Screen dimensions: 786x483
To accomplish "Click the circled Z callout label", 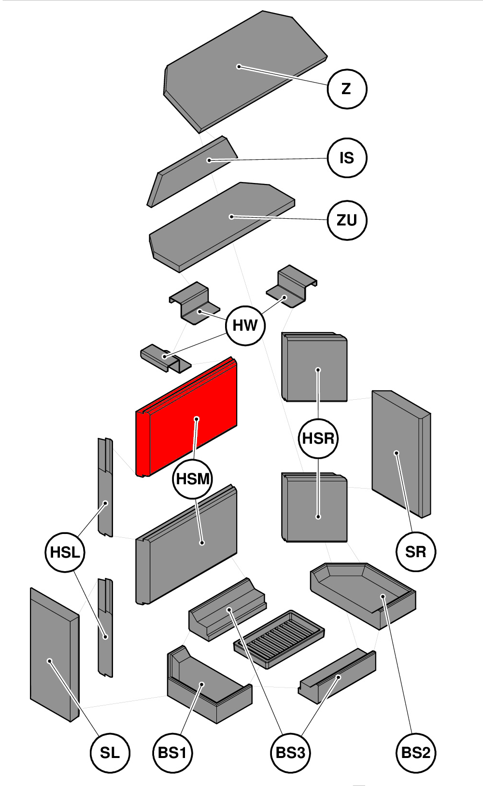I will point(347,89).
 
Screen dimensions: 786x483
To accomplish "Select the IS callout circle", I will point(347,158).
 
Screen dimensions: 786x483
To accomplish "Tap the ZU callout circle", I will point(347,220).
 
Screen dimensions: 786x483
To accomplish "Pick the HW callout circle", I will point(245,325).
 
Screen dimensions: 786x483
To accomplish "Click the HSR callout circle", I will point(318,438).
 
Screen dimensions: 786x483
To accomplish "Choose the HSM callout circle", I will point(193,479).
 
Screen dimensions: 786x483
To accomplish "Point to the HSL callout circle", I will point(65,552).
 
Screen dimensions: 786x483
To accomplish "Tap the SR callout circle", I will point(415,551).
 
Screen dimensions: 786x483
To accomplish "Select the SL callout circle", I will point(110,753).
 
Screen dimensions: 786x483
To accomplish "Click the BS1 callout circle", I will point(172,753).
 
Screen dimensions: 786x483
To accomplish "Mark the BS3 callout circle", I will point(290,753).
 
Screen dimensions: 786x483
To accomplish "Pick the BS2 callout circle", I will point(415,753).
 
